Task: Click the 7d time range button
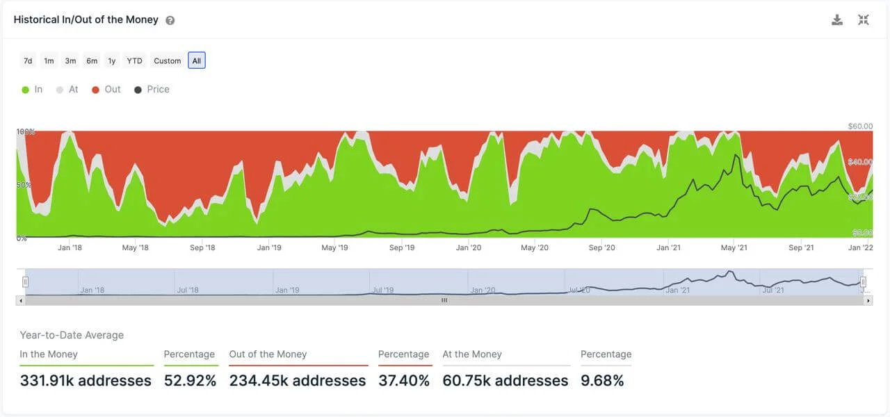pos(28,61)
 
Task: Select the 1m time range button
pos(49,61)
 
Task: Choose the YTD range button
pos(134,61)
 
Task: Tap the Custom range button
pos(168,61)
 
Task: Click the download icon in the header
pos(837,20)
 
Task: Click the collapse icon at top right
pos(864,20)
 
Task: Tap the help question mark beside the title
pos(170,20)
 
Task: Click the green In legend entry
pos(32,90)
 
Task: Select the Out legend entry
pos(106,90)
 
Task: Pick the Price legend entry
pos(152,90)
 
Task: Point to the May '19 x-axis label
pos(334,247)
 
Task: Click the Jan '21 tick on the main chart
pos(668,247)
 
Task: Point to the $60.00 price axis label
pos(860,126)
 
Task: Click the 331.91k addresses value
pos(86,381)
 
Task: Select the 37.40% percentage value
pos(404,381)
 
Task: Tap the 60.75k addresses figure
pos(505,381)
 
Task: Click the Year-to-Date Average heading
pos(72,335)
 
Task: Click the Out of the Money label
pos(268,354)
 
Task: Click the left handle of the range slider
pos(26,281)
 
